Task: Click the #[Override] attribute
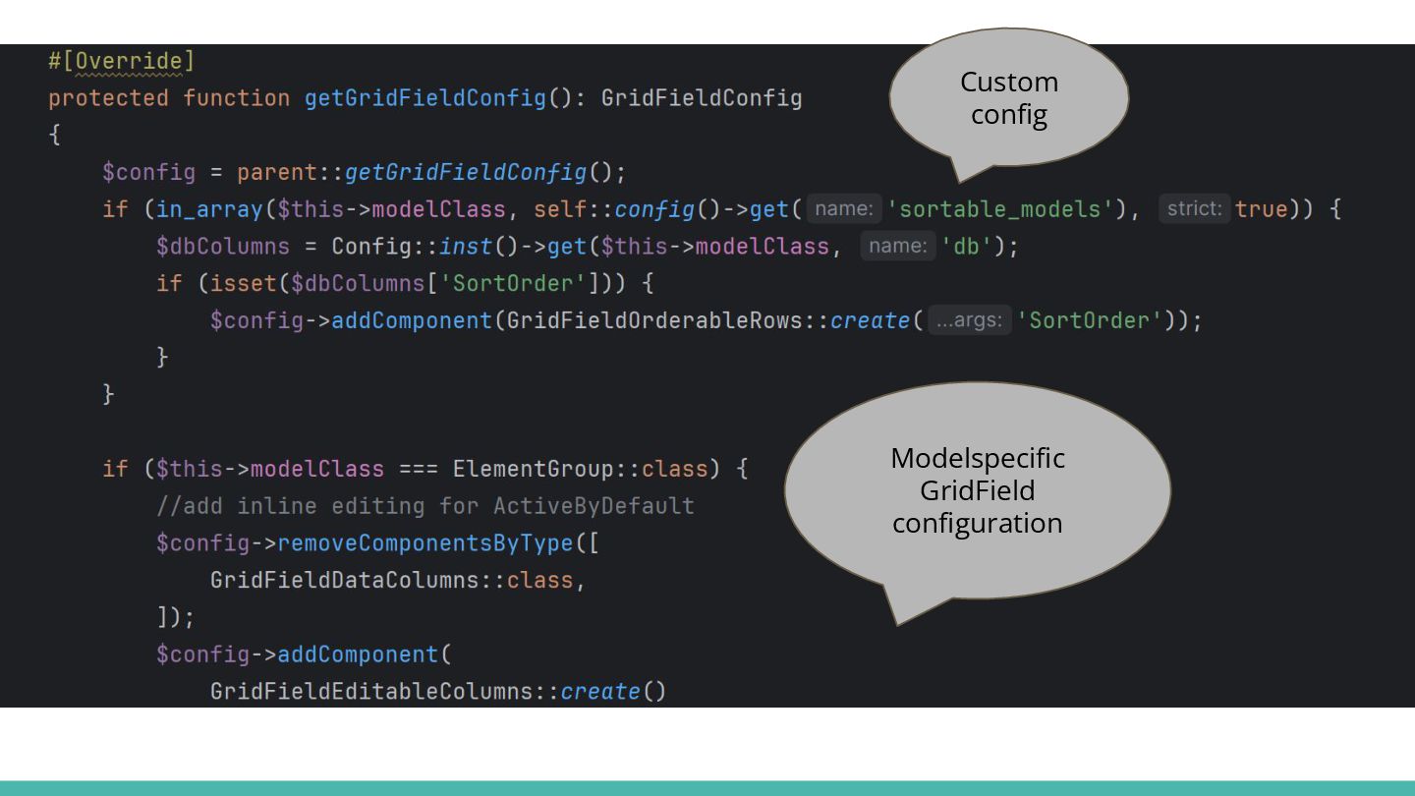pos(121,61)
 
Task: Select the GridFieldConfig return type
pos(702,98)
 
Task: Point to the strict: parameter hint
pos(1194,209)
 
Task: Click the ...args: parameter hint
pos(969,320)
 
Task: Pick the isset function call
pos(237,284)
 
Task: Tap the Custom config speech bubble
pos(1008,98)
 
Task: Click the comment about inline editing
pos(425,506)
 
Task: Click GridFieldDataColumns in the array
pos(344,580)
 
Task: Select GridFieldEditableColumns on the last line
pos(370,692)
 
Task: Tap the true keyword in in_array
pos(1261,209)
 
